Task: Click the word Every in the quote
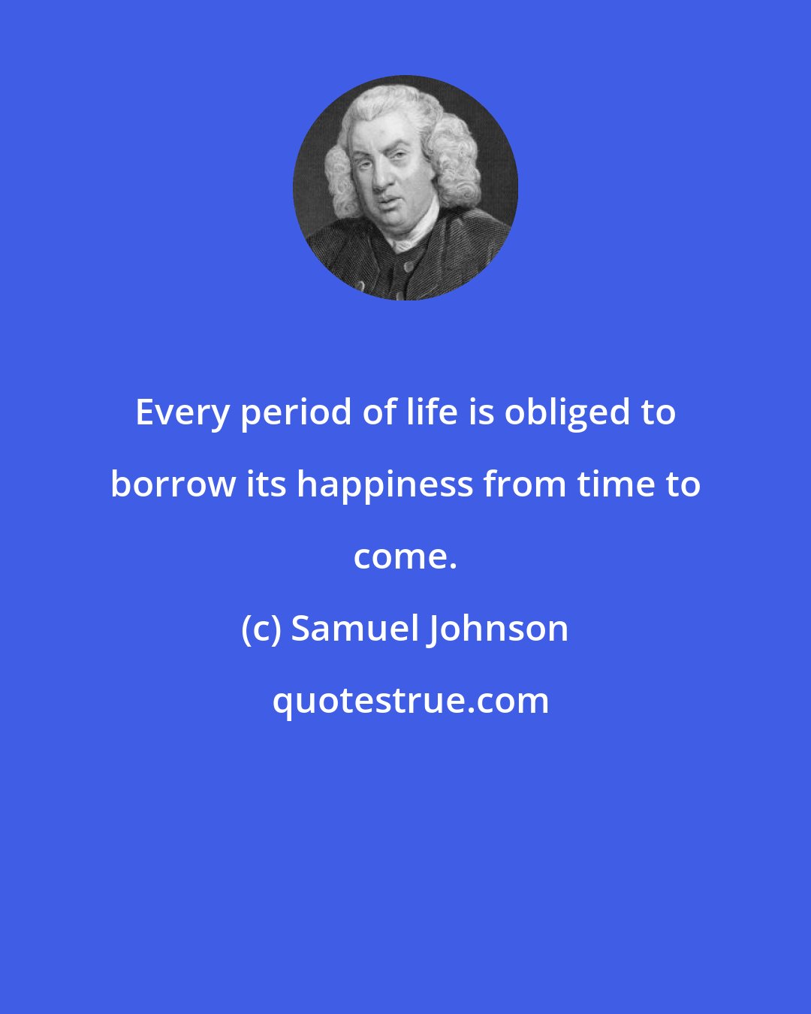point(182,413)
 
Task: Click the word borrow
point(173,484)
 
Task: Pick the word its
point(267,484)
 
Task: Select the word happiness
point(385,485)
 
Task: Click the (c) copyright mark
point(261,629)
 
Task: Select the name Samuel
point(353,629)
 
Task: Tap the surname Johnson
point(498,629)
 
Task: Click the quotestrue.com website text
point(410,701)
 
